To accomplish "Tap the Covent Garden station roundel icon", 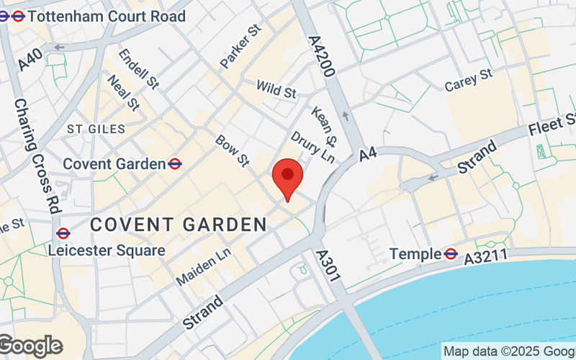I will click(x=174, y=164).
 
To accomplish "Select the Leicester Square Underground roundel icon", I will click(x=63, y=233).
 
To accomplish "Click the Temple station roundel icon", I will click(x=451, y=253).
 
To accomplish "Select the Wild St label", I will click(x=276, y=90).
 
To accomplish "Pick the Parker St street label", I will click(x=239, y=48).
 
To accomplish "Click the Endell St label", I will click(x=138, y=69).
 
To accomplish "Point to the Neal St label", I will click(x=122, y=92).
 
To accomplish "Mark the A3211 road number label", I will click(x=486, y=256).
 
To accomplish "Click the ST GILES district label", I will click(x=96, y=129).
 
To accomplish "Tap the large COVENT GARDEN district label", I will click(x=179, y=225).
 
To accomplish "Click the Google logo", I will click(x=30, y=346).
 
